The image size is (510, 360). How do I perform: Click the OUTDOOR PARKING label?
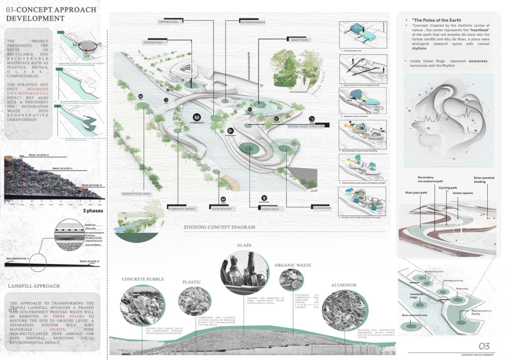(253, 22)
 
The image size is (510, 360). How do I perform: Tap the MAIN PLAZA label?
(299, 40)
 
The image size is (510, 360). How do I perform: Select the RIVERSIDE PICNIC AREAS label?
(136, 194)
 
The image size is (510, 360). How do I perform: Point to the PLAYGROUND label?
(322, 208)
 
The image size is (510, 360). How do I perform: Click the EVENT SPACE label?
(270, 209)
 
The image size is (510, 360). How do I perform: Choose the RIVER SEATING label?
(222, 209)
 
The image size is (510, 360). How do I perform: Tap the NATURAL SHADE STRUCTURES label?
(306, 126)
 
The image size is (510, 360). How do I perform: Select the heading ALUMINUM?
(343, 285)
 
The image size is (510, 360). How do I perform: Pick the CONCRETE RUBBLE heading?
(143, 279)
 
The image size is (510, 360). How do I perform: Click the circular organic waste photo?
(291, 280)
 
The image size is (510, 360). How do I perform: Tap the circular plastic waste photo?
(195, 301)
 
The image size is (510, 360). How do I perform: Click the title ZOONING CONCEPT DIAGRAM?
(219, 227)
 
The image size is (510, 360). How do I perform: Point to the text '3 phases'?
(93, 211)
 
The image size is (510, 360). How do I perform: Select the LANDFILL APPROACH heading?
(34, 286)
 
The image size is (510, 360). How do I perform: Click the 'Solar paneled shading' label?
(484, 180)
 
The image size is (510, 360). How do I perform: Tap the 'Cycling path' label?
(448, 188)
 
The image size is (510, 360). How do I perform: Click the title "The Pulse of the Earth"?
(436, 20)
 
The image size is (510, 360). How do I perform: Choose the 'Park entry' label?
(462, 289)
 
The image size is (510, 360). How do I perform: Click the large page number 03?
(484, 346)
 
